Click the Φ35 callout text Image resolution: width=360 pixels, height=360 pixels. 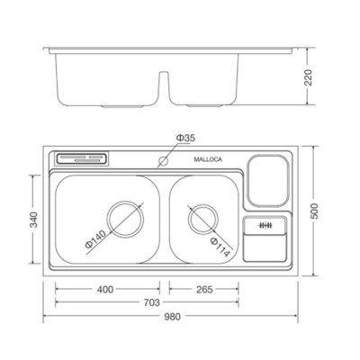pyautogui.click(x=183, y=137)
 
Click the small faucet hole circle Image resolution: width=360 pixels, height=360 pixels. pyautogui.click(x=163, y=163)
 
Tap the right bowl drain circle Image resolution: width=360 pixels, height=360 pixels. pyautogui.click(x=202, y=219)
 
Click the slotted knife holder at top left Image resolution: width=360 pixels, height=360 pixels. pyautogui.click(x=84, y=160)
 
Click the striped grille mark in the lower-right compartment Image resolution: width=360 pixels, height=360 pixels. pyautogui.click(x=265, y=225)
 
